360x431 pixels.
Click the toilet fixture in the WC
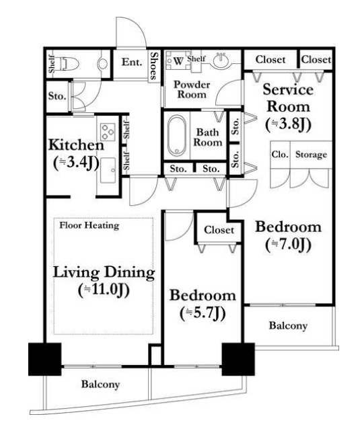pyautogui.click(x=69, y=64)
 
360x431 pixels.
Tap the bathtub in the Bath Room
pyautogui.click(x=176, y=136)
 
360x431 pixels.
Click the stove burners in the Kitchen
pyautogui.click(x=108, y=132)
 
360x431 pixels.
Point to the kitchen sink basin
pyautogui.click(x=108, y=170)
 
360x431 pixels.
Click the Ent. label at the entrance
pyautogui.click(x=132, y=62)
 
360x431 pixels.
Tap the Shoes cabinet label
pyautogui.click(x=154, y=66)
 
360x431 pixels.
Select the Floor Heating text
pyautogui.click(x=89, y=225)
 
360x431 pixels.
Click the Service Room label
pyautogui.click(x=288, y=98)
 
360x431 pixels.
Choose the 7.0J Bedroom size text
pyautogui.click(x=288, y=245)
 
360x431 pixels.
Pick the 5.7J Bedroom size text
pyautogui.click(x=203, y=313)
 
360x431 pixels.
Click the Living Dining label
pyautogui.click(x=104, y=273)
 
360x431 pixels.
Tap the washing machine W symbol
pyautogui.click(x=178, y=61)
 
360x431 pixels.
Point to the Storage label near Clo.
pyautogui.click(x=311, y=155)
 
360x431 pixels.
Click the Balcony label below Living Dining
pyautogui.click(x=100, y=385)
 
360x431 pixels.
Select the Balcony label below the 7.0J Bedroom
pyautogui.click(x=288, y=325)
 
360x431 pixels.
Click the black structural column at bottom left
pyautogui.click(x=45, y=359)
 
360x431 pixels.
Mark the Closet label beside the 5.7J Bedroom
pyautogui.click(x=219, y=230)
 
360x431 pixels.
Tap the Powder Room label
pyautogui.click(x=192, y=89)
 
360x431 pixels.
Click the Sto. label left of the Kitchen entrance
pyautogui.click(x=57, y=96)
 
